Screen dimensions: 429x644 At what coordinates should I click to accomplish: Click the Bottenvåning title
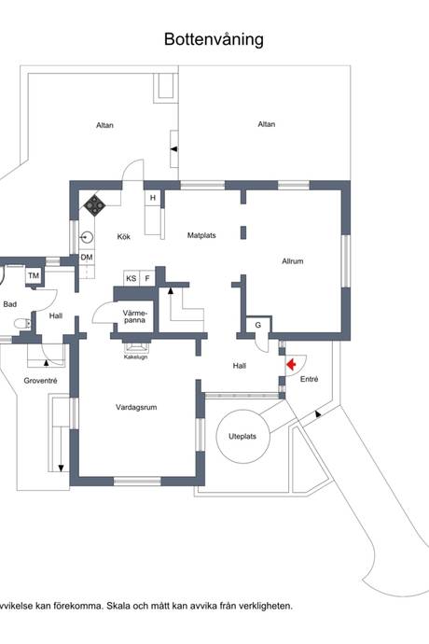[x=214, y=40]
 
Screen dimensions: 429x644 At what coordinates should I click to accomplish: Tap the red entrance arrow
[x=292, y=364]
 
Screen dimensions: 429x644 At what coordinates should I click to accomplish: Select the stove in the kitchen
[x=95, y=205]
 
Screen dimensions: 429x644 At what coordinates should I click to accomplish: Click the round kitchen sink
[x=87, y=237]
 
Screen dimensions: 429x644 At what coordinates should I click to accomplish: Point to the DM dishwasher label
[x=87, y=258]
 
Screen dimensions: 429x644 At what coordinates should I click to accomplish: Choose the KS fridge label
[x=131, y=278]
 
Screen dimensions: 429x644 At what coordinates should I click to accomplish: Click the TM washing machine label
[x=34, y=275]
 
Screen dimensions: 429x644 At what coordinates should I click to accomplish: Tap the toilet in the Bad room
[x=23, y=324]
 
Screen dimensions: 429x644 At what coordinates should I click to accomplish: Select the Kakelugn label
[x=135, y=357]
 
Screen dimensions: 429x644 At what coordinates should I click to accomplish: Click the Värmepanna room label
[x=134, y=316]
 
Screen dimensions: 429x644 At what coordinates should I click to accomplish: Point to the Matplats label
[x=201, y=235]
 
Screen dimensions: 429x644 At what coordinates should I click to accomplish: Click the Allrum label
[x=293, y=260]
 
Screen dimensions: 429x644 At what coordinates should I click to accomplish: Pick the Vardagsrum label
[x=136, y=408]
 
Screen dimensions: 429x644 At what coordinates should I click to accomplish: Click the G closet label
[x=258, y=325]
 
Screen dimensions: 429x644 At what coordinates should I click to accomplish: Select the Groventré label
[x=40, y=381]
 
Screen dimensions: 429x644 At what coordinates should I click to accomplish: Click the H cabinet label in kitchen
[x=153, y=198]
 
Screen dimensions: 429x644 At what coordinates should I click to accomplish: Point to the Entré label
[x=309, y=379]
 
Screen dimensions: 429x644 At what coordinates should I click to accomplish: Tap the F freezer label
[x=147, y=278]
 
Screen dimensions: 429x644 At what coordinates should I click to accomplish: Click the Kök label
[x=123, y=236]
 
